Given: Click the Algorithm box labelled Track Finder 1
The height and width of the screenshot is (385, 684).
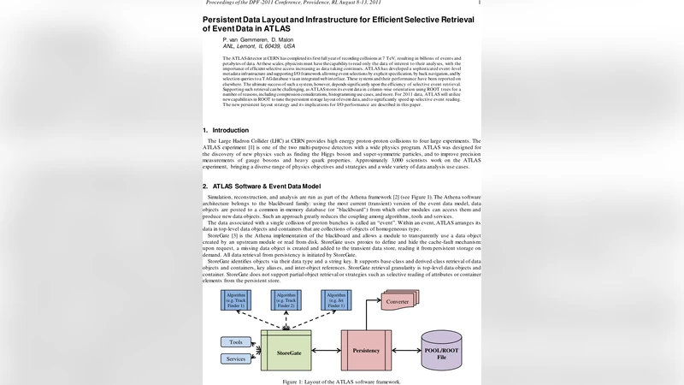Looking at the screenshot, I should [x=236, y=299].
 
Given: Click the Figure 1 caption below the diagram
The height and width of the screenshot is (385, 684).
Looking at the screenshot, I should [x=342, y=381].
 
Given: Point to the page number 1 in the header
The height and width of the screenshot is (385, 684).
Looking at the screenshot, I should [x=479, y=3].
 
